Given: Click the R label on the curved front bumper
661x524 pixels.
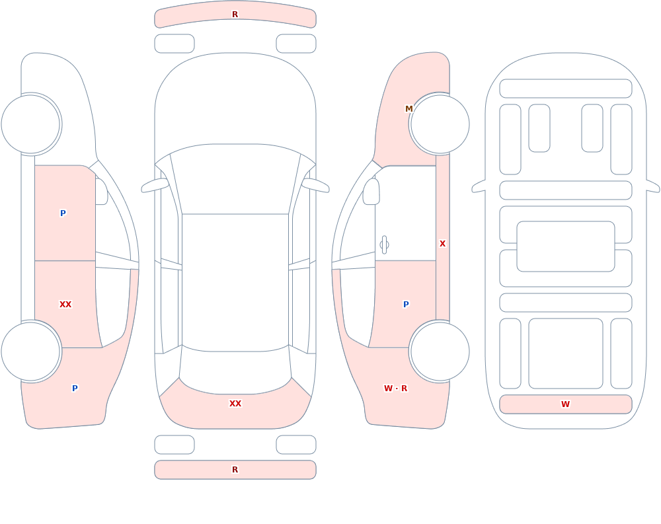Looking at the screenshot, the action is pos(235,15).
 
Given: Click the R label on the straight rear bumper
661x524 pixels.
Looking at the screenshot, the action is pos(235,470).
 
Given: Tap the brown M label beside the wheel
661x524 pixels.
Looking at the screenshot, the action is pos(409,109).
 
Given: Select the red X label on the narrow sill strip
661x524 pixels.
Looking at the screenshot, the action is pos(443,244).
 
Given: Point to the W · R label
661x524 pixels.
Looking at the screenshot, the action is pos(395,389).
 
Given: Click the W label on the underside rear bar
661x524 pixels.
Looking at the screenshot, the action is pos(565,404).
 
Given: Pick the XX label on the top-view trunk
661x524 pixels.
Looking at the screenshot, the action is pos(235,404).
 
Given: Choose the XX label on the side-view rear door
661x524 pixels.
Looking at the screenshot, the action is pos(65,305).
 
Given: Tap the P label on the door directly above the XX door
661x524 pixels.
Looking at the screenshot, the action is pos(63,213).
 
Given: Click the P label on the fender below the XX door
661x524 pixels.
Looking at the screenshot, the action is pos(75,389).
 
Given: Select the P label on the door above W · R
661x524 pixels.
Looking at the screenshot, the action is pos(406,305).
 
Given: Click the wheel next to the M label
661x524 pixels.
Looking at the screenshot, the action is pos(440,124).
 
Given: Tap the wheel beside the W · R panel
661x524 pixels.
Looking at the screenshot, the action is pos(440,351).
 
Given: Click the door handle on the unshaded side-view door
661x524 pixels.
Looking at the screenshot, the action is pos(384,245).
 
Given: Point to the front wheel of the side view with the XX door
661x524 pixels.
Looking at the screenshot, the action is pos(31,124).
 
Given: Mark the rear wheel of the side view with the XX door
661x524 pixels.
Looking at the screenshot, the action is pos(31,351).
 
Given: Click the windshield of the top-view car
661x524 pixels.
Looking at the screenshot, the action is pos(235,179).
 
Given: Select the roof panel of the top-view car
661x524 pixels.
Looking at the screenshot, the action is pos(235,282).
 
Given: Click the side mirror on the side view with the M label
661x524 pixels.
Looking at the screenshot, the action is pos(371,192).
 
